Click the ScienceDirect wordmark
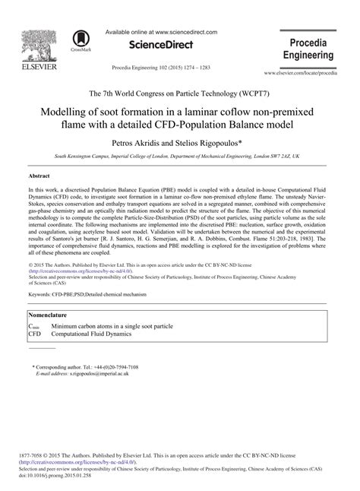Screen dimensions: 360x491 (160, 46)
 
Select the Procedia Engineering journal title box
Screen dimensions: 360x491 (308, 49)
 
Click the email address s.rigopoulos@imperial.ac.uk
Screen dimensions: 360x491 (98, 373)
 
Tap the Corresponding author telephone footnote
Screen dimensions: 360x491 (85, 366)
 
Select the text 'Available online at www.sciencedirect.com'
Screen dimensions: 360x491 (160, 33)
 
